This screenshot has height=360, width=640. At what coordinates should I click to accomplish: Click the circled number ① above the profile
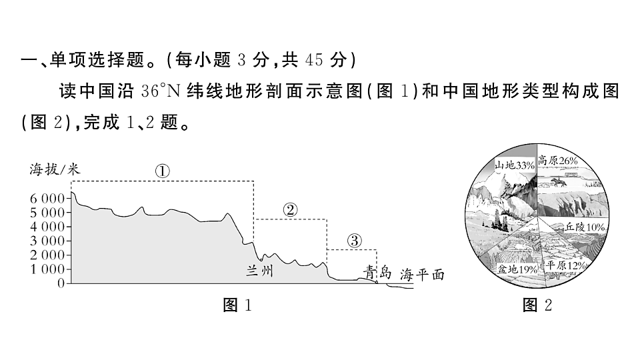coord(163,171)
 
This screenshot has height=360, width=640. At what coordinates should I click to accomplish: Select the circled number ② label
coord(290,210)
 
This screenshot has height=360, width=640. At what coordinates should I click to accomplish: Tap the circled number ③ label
coord(354,241)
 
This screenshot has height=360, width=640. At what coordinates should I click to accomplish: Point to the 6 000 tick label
coord(47,199)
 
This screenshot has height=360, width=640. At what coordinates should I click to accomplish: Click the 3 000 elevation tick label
coord(47,241)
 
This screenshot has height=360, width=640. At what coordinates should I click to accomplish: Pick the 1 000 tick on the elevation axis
coord(47,269)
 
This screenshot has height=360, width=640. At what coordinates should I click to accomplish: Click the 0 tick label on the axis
coord(61,283)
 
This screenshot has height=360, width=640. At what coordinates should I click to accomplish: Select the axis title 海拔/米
coord(55,169)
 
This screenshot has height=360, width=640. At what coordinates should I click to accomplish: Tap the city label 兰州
coord(259,271)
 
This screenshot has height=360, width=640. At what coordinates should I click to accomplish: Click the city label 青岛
coord(377,272)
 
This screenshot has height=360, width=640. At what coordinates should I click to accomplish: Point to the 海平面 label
coord(422,275)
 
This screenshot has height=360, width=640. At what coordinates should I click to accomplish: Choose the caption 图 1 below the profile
coord(237,305)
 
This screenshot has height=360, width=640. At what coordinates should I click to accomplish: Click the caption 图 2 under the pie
coord(537,305)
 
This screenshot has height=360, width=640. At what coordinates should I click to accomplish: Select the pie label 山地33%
coord(514,165)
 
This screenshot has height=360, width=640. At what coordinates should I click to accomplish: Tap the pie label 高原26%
coord(557,161)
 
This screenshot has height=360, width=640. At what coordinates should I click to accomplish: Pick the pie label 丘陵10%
coord(585,227)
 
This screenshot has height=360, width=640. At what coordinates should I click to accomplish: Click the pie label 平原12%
coord(566,265)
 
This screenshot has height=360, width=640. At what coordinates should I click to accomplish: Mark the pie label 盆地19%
coord(517,269)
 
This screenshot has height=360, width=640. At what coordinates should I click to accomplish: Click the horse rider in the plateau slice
coord(559,181)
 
